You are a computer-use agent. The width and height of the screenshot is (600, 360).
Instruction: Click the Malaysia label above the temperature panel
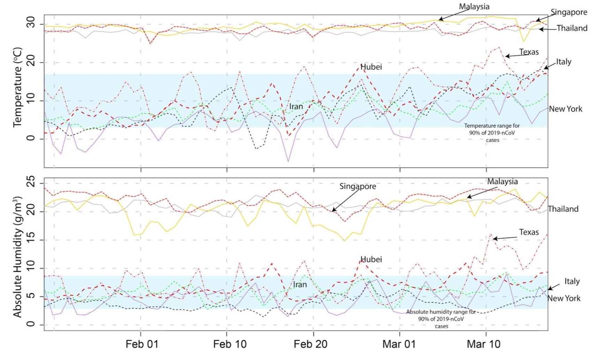click(x=474, y=7)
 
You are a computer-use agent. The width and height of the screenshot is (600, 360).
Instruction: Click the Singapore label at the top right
click(x=569, y=12)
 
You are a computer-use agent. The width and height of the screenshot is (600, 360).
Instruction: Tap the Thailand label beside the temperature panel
click(x=572, y=28)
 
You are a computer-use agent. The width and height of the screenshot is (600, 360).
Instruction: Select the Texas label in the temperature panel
click(x=529, y=52)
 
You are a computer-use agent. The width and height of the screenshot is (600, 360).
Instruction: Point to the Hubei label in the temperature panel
click(x=371, y=67)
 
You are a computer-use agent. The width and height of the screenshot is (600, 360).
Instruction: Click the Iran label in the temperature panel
click(x=296, y=107)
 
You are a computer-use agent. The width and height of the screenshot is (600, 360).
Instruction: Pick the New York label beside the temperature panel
click(x=566, y=109)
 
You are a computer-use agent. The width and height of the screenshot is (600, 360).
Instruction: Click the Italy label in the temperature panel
click(x=563, y=62)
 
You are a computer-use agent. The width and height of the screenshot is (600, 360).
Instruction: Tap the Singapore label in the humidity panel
click(x=358, y=186)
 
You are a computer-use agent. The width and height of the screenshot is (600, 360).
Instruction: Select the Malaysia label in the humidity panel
click(x=502, y=181)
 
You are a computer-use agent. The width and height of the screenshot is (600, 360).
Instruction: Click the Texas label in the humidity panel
click(x=529, y=232)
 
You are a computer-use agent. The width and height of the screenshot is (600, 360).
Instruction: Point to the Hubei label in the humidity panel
click(x=371, y=259)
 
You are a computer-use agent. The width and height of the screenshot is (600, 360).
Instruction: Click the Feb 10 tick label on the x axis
click(x=230, y=344)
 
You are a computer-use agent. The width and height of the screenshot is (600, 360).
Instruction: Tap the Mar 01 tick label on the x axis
click(x=399, y=344)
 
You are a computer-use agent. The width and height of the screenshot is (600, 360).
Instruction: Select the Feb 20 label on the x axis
click(x=310, y=344)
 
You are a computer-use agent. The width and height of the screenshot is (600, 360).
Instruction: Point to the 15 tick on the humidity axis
click(x=30, y=240)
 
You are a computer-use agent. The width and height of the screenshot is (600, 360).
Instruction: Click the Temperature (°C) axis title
click(x=18, y=87)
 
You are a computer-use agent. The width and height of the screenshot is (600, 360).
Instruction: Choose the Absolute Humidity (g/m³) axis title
click(x=18, y=257)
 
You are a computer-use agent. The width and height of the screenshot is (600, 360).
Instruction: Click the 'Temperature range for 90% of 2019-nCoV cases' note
click(x=492, y=133)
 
